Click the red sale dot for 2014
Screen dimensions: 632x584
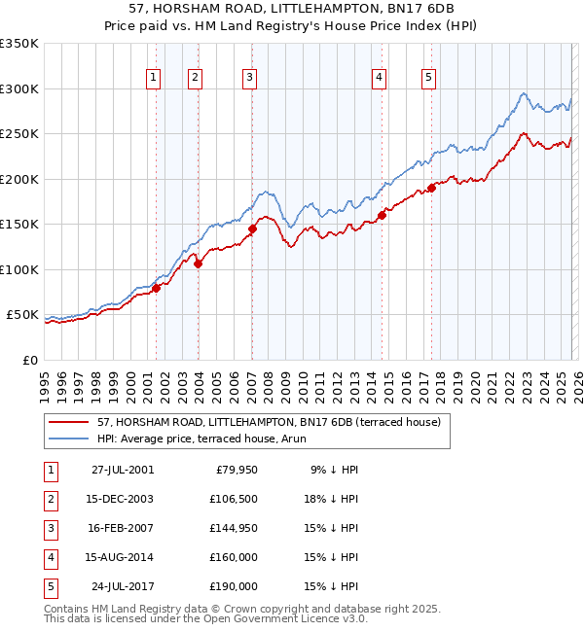click(x=383, y=216)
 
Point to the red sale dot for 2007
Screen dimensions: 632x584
click(x=252, y=229)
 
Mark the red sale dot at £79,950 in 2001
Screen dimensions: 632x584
click(x=156, y=288)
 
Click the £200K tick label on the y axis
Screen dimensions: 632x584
click(x=19, y=179)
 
